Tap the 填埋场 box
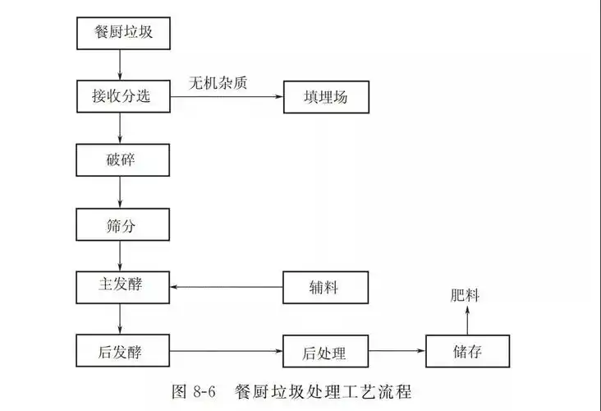326,96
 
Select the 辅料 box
326,287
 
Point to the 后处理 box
326,352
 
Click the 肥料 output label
466,295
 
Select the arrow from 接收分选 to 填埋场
226,97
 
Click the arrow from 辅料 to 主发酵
226,287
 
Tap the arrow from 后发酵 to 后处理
226,352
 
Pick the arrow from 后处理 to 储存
397,352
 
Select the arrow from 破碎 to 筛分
122,192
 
